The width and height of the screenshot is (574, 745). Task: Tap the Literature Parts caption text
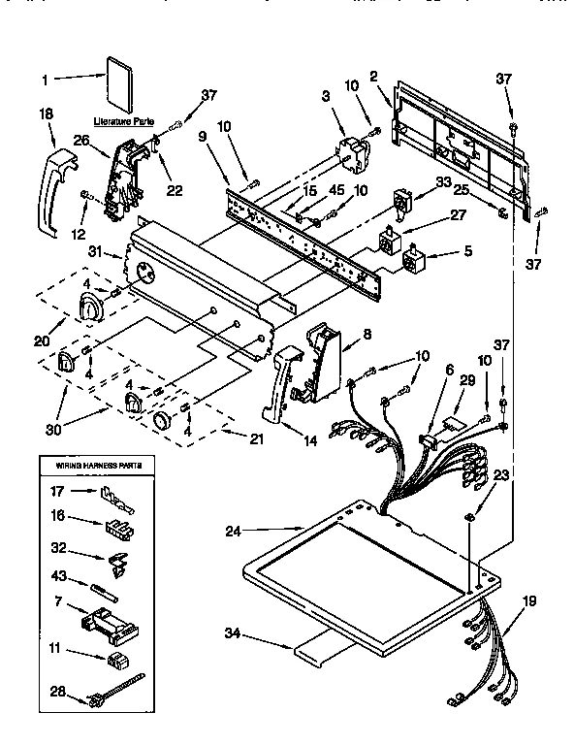pos(123,121)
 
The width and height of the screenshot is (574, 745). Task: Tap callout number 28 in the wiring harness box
pos(59,692)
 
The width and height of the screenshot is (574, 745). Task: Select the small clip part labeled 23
pos(467,516)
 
